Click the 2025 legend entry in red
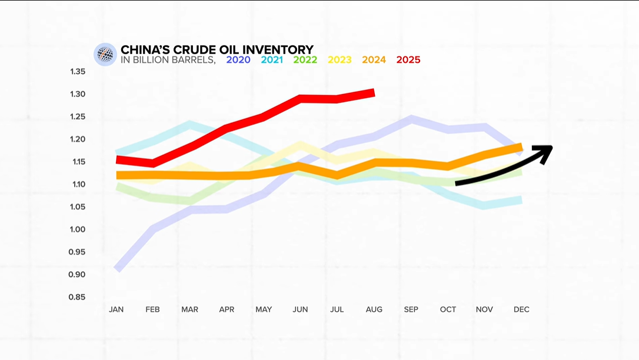[x=408, y=60]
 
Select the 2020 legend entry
[x=238, y=60]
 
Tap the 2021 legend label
[x=272, y=60]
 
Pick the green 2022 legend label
[x=305, y=60]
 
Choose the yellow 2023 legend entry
[x=340, y=60]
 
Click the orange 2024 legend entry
[x=374, y=60]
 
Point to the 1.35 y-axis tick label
[x=78, y=72]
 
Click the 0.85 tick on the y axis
[x=78, y=297]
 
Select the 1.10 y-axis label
[x=78, y=184]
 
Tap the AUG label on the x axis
[x=374, y=309]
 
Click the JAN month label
[x=117, y=309]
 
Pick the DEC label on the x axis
[x=521, y=309]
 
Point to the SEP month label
[x=411, y=309]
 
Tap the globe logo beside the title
[x=105, y=55]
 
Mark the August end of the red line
[x=372, y=92]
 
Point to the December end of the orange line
[x=520, y=146]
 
